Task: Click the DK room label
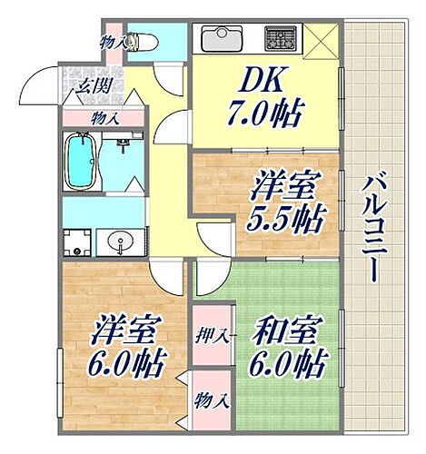tap(258, 84)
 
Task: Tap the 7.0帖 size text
tap(265, 115)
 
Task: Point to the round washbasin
tap(117, 242)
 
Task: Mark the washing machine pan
tap(78, 244)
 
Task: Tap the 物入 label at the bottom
tap(212, 398)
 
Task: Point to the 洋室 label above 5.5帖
tap(283, 189)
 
